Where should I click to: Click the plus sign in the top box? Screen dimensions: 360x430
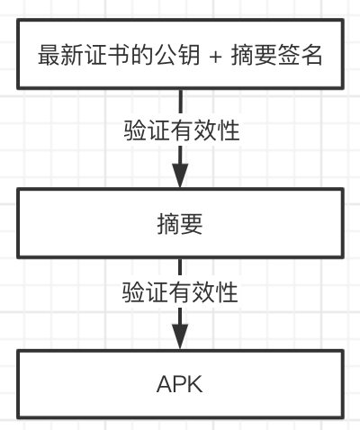215,57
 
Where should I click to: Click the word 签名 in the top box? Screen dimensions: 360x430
300,55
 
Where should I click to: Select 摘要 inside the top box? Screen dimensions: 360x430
254,55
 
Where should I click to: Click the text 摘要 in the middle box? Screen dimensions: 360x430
180,224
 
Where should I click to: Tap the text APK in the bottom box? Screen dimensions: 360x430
180,384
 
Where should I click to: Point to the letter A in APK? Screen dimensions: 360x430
165,384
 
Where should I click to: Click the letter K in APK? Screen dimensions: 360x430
195,384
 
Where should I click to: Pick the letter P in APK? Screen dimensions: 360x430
180,384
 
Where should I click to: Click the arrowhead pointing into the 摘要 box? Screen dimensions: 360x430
180,175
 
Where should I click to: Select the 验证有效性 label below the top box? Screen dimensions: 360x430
182,130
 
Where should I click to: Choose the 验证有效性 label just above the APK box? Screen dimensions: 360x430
180,292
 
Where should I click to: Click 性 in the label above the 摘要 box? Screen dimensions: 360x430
229,130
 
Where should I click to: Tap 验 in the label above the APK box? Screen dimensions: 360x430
133,292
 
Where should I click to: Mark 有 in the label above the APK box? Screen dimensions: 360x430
180,292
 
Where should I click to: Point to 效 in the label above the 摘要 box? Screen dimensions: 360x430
205,130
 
